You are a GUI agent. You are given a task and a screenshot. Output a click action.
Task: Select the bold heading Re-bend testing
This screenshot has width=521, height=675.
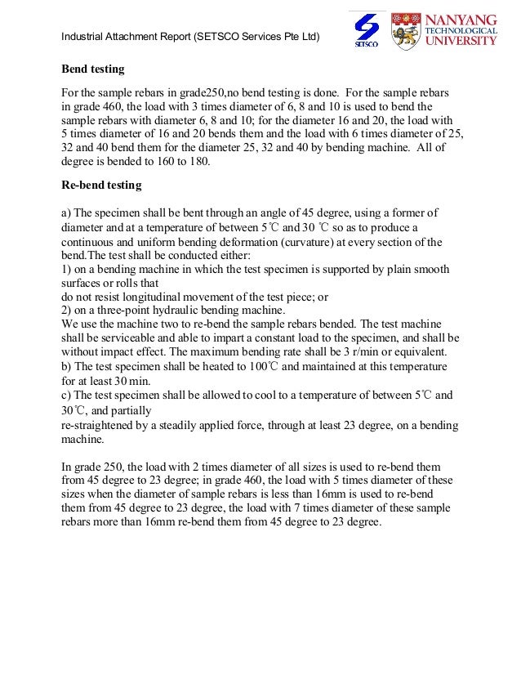(102, 186)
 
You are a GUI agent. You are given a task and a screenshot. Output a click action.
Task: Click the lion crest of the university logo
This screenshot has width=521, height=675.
(406, 30)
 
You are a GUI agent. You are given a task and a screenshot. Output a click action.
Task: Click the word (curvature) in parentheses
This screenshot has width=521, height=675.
(341, 242)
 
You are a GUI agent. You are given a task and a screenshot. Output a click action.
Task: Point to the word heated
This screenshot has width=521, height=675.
(208, 365)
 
